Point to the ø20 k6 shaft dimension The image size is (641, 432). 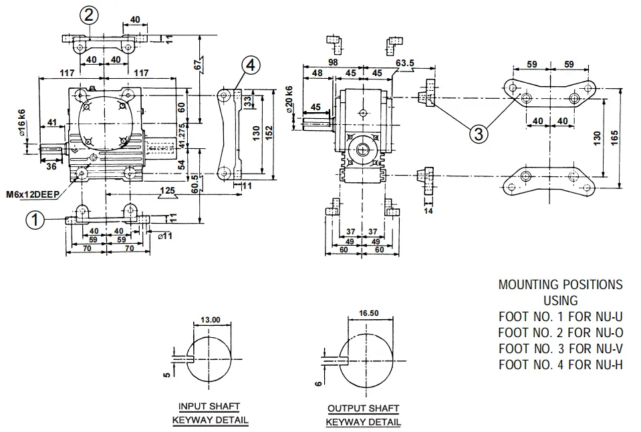coord(289,100)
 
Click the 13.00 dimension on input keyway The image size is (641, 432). coord(210,320)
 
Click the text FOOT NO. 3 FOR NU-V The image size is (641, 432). coord(560,348)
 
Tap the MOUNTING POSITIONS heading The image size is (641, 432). coord(560,284)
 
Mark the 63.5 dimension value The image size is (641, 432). coord(404,64)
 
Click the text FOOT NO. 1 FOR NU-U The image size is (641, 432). coord(560,316)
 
